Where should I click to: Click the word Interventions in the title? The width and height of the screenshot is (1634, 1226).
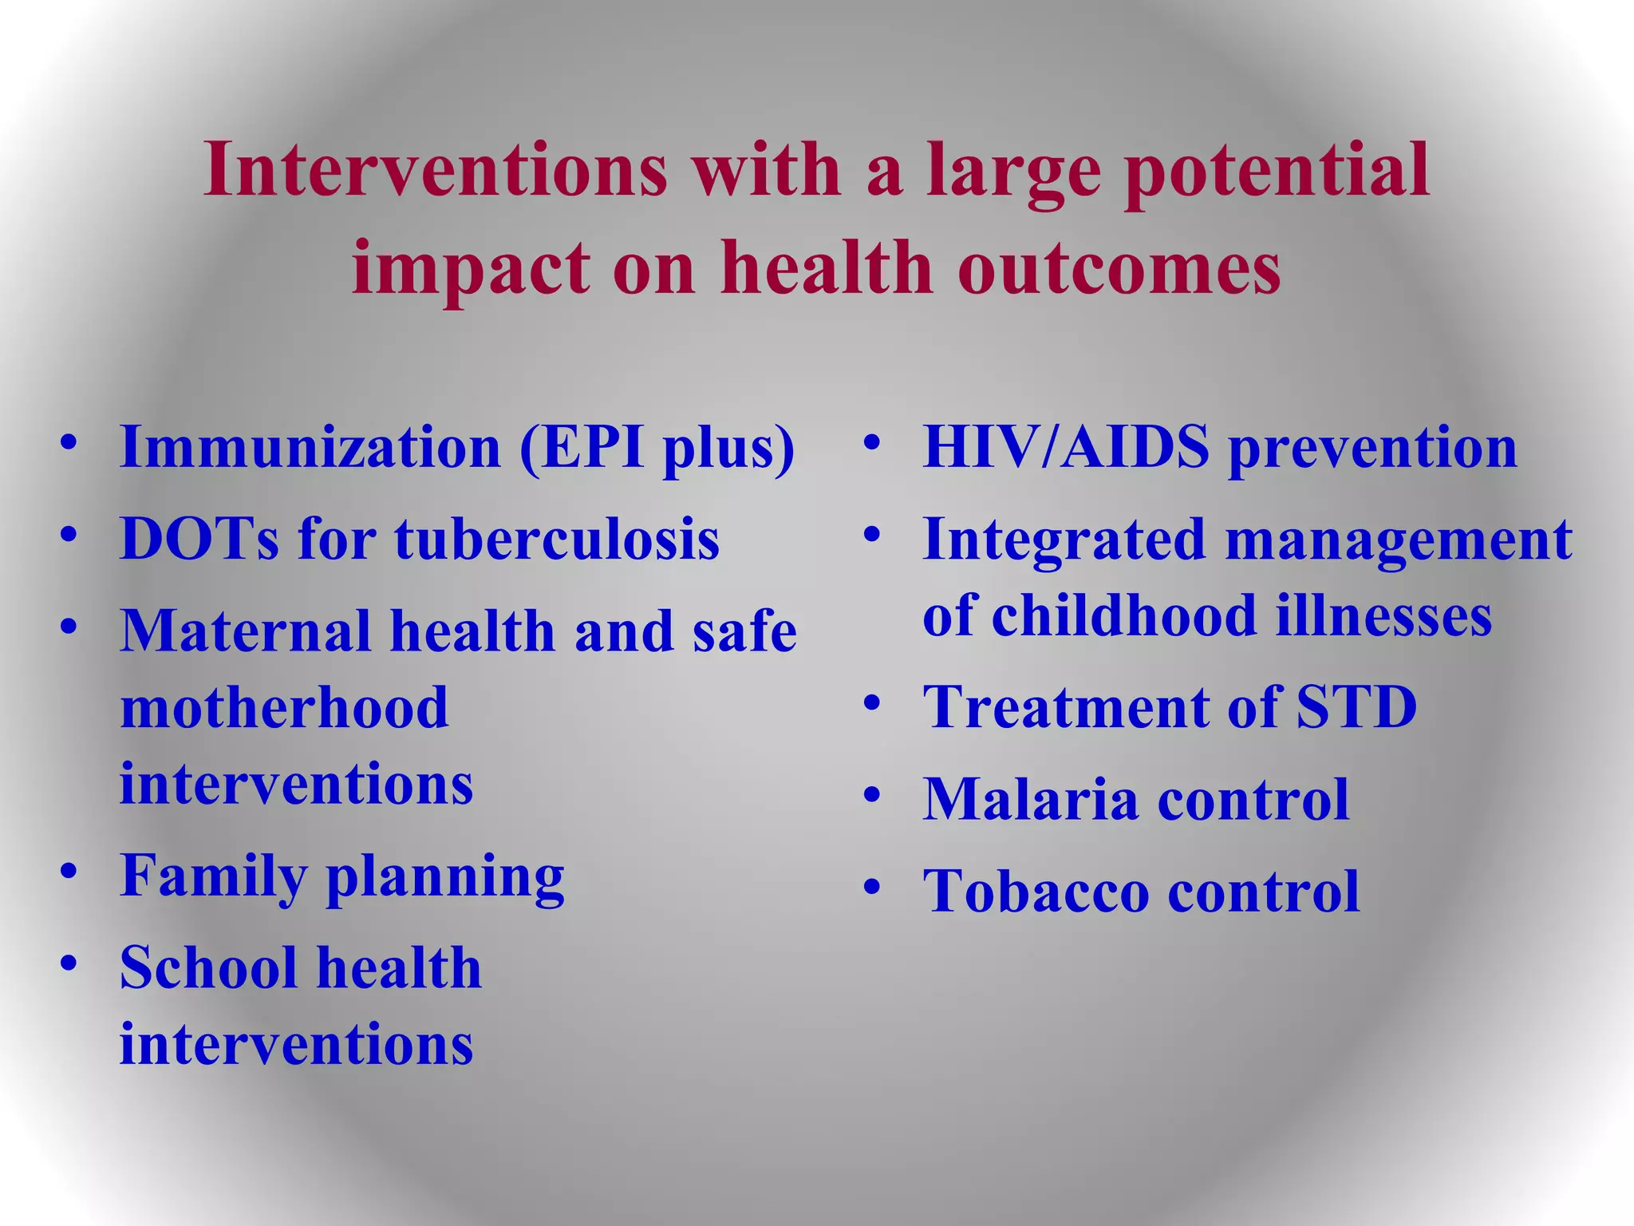tap(435, 169)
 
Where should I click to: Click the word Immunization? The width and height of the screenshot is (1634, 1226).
tap(310, 447)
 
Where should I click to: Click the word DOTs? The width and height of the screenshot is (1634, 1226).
tap(199, 539)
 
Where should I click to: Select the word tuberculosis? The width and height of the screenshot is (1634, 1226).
tap(557, 539)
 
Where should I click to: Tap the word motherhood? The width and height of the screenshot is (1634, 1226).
tap(284, 707)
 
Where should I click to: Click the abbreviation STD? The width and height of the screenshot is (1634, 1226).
tap(1356, 707)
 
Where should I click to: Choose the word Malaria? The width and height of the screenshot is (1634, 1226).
tap(1030, 799)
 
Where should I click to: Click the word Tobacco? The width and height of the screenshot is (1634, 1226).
tap(1036, 891)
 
